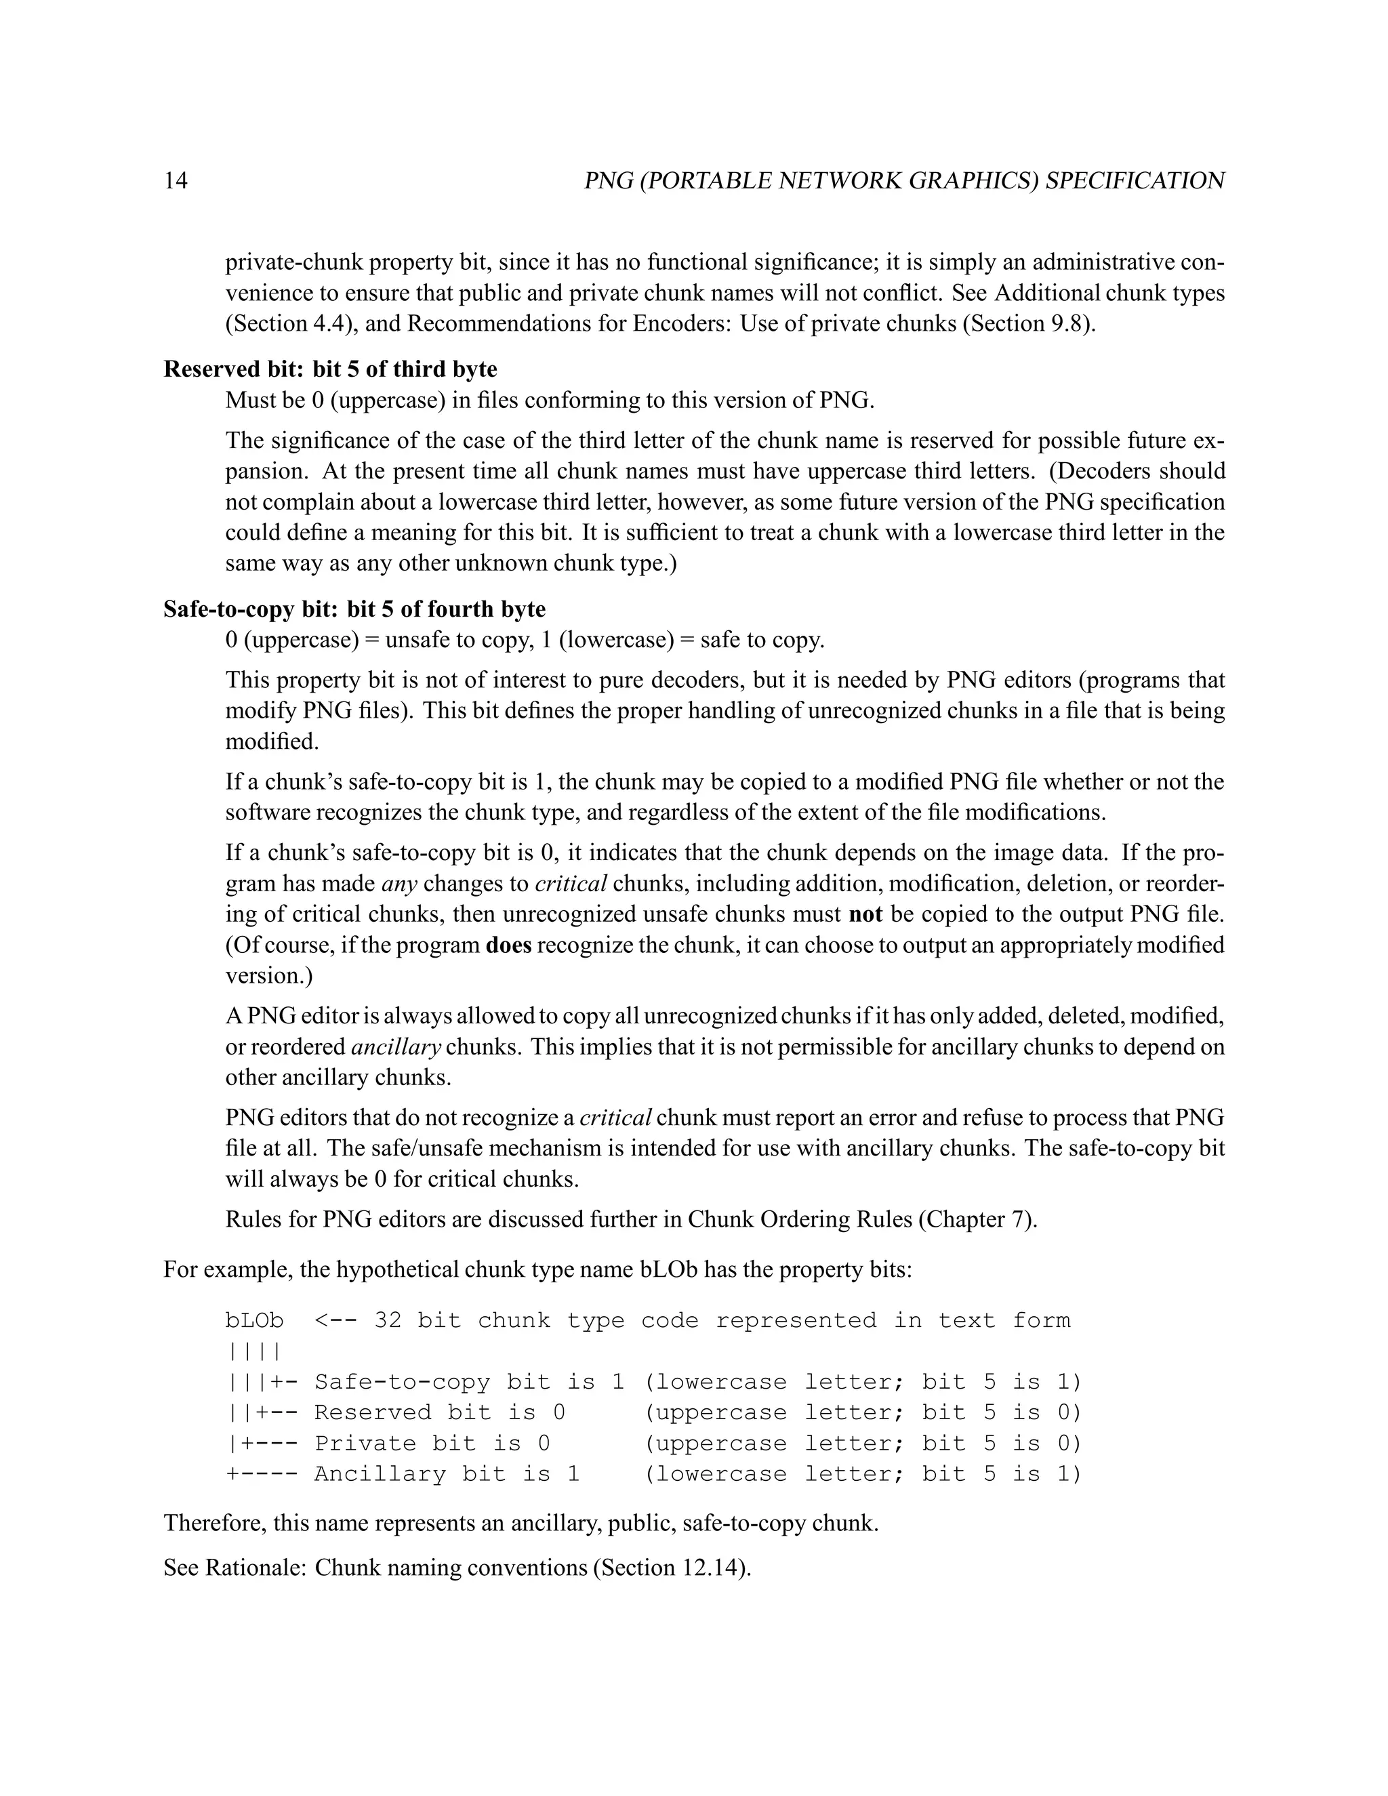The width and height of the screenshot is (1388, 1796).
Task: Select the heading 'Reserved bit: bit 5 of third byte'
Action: tap(330, 369)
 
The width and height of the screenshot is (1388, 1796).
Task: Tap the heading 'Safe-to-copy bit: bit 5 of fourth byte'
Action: tap(354, 609)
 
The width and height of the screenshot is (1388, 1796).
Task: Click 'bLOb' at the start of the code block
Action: tap(254, 1321)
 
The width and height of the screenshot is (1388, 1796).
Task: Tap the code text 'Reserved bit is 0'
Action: tap(439, 1413)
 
